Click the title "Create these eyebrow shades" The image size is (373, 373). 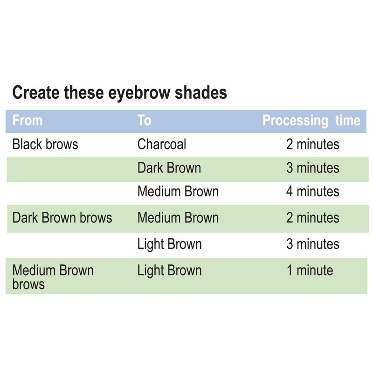(119, 93)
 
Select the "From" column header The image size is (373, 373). (27, 120)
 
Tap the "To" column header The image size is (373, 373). (144, 120)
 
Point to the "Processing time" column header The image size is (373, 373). (311, 120)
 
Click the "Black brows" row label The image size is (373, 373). (45, 144)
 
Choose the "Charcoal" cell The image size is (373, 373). (161, 144)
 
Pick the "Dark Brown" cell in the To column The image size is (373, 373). (169, 168)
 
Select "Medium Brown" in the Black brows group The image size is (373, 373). (178, 192)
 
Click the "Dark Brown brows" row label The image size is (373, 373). (62, 218)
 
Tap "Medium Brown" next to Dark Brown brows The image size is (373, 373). (178, 218)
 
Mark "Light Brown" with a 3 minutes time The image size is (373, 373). (169, 244)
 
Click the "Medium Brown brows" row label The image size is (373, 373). (52, 277)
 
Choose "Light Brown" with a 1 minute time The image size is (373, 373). (169, 270)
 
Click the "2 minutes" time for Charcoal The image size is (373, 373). (312, 144)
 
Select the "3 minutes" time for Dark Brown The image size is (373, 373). (312, 168)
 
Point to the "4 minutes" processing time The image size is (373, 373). (312, 192)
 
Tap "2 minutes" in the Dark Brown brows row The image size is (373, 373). (312, 218)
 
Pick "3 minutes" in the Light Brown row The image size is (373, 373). (312, 244)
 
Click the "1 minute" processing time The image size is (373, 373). (310, 270)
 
